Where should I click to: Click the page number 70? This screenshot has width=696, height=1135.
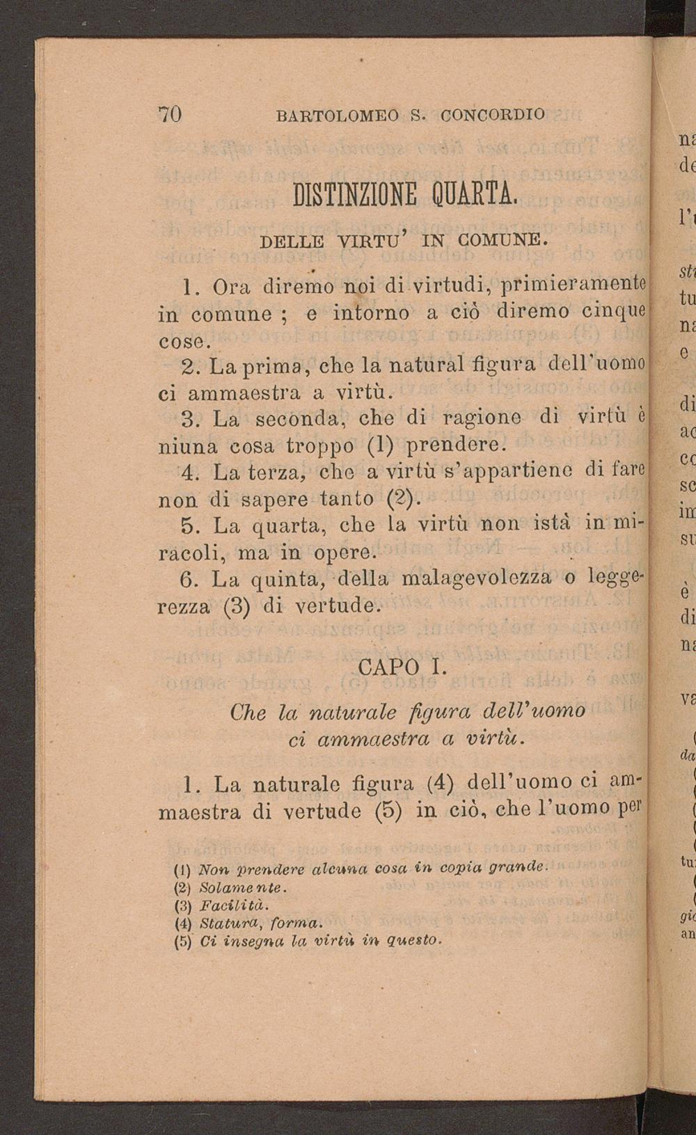(x=171, y=113)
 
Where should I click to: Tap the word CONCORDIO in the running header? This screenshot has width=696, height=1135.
(x=493, y=113)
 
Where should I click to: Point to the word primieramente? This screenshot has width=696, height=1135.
(x=574, y=285)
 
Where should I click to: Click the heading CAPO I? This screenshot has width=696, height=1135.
(x=400, y=666)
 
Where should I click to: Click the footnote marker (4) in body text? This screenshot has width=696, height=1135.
(x=438, y=784)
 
